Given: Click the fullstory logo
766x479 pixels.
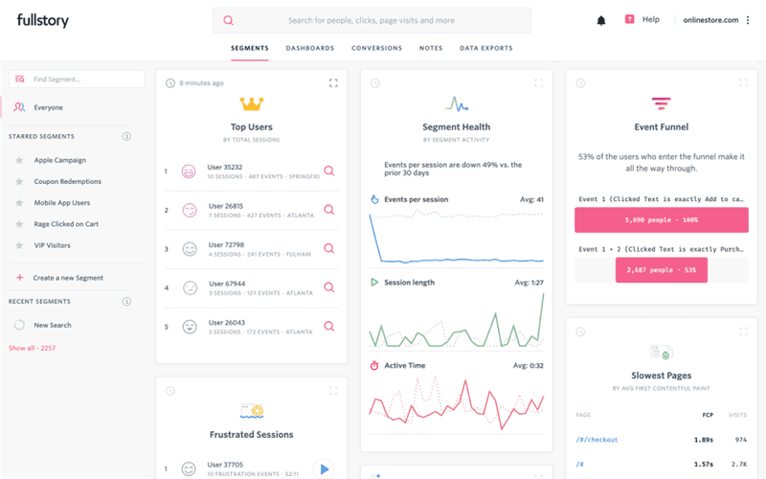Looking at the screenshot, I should [42, 20].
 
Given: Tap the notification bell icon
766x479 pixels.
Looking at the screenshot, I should [601, 20].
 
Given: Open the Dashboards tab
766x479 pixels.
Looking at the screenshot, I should [309, 48].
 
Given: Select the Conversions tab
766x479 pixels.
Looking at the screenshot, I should [376, 48].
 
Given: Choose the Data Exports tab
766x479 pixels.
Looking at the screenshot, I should [485, 48].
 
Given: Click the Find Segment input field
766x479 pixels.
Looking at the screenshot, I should [77, 79].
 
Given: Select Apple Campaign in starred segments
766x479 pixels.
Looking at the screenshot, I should [59, 160].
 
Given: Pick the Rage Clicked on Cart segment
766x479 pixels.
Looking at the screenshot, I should [66, 224].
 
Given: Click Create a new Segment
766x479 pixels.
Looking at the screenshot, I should [68, 278].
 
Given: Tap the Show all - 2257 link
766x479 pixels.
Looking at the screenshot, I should [33, 348].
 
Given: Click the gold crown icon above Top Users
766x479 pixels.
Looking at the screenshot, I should [252, 103].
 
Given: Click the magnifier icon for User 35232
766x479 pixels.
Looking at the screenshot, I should [328, 171].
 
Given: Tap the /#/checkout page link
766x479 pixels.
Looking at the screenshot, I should [597, 440].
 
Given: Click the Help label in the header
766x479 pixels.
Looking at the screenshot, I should [651, 19].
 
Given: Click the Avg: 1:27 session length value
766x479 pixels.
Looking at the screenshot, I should [529, 283].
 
